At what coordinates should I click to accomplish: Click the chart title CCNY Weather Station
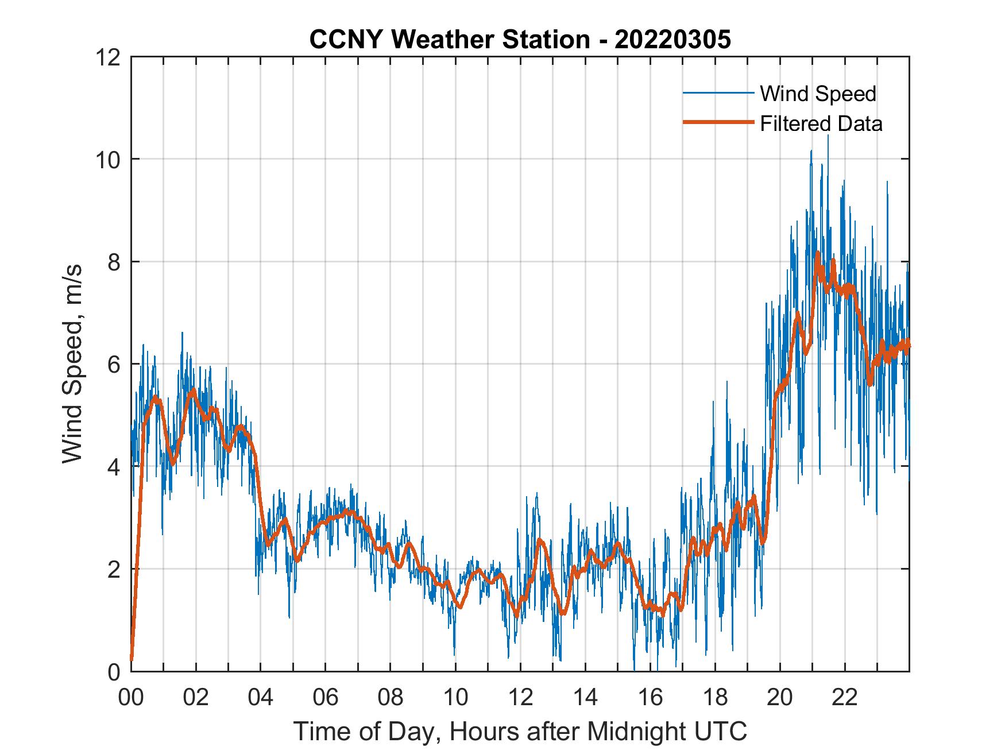coord(450,40)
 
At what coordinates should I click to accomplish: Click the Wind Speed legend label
coord(818,94)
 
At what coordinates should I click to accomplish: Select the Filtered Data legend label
coord(821,123)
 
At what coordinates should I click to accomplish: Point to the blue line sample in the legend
coord(718,93)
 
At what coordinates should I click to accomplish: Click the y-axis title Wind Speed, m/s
coord(72,364)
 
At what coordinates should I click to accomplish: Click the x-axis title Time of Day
coord(520,731)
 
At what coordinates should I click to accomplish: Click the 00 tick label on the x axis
coord(131,697)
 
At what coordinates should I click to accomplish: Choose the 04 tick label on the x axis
coord(261,697)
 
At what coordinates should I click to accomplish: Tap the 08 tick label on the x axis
coord(391,697)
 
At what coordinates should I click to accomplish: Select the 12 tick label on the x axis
coord(520,697)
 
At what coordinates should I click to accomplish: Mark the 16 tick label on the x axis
coord(650,697)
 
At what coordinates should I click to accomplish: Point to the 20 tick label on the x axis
coord(780,697)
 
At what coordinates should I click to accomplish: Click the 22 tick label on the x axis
coord(845,697)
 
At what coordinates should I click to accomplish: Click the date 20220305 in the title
coord(672,40)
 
